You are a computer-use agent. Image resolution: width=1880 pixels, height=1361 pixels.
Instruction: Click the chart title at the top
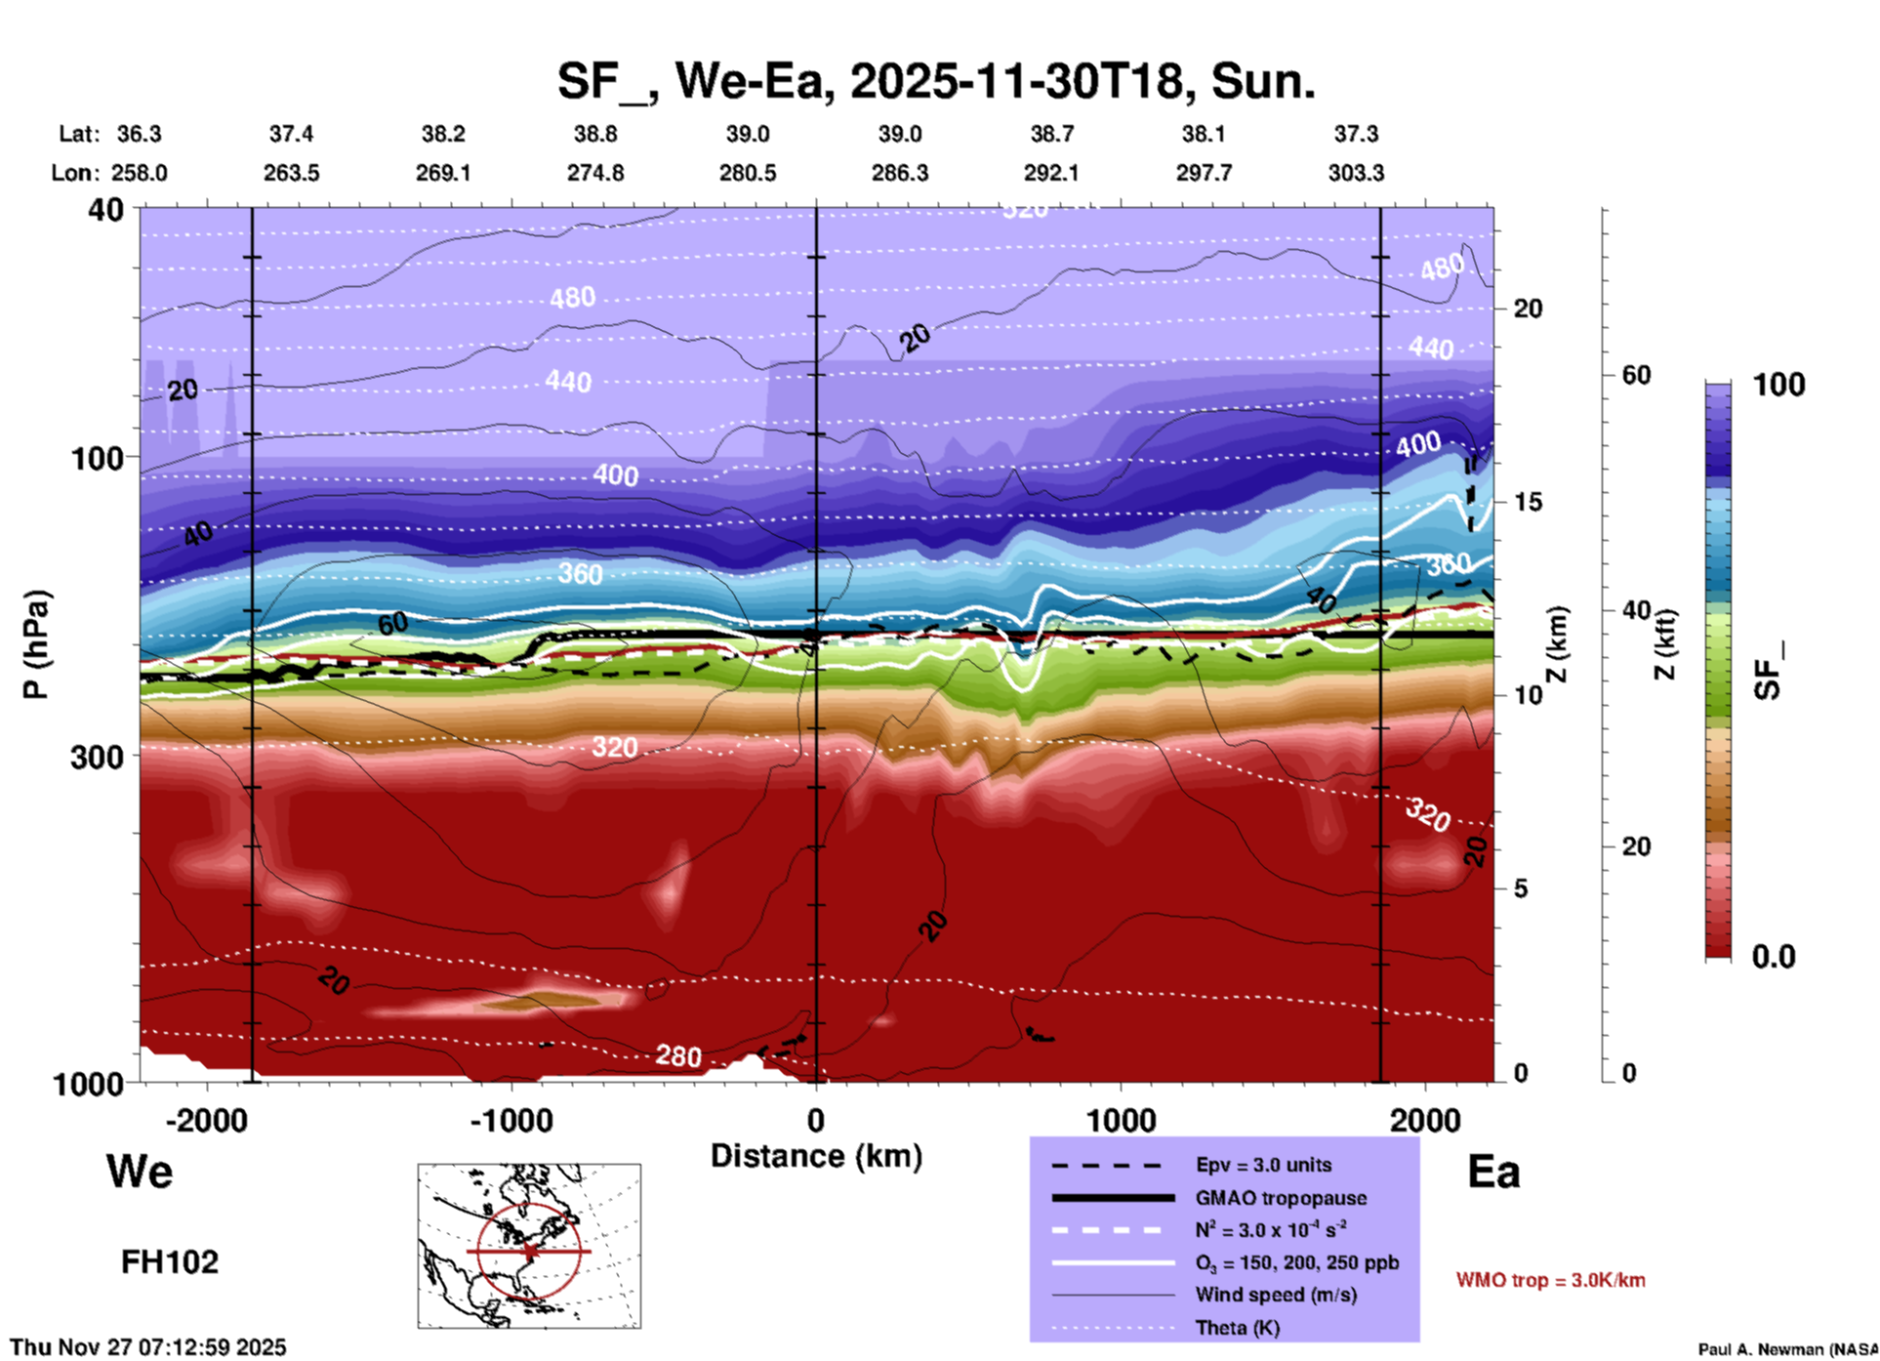coord(936,80)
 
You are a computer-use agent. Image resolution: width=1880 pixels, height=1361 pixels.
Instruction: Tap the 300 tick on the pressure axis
coord(97,757)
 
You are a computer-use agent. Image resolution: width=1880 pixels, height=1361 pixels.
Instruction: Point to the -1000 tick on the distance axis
coord(511,1120)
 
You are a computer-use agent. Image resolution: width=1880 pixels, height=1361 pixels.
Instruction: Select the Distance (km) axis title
coord(816,1156)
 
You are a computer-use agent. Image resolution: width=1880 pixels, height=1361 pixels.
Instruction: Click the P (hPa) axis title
coord(36,644)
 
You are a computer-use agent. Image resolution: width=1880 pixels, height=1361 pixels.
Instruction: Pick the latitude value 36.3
coord(139,134)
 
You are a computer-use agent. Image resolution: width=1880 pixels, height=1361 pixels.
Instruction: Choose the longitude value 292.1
coord(1051,173)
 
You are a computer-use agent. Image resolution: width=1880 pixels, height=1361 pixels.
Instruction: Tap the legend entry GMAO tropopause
coord(1281,1198)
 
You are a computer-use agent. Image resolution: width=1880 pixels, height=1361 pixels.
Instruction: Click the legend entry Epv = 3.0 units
coord(1263,1165)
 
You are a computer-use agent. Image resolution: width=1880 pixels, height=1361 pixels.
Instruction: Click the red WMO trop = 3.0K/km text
coord(1550,1280)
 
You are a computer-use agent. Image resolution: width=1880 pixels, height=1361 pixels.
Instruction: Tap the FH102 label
coord(170,1262)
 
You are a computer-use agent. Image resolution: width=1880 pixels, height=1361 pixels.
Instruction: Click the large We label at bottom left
coord(140,1172)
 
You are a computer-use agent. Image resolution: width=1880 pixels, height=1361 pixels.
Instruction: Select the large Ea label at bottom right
coord(1493,1172)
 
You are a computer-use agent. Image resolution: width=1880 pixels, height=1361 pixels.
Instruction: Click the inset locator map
coord(529,1246)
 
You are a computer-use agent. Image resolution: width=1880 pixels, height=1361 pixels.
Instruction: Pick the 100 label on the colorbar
coord(1778,385)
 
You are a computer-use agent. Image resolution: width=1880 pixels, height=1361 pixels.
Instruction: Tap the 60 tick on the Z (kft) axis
coord(1636,375)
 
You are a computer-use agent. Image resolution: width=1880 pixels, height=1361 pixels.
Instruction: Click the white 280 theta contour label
coord(677,1055)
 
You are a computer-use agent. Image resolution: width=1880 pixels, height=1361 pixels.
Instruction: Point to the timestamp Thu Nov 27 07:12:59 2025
coord(148,1347)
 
